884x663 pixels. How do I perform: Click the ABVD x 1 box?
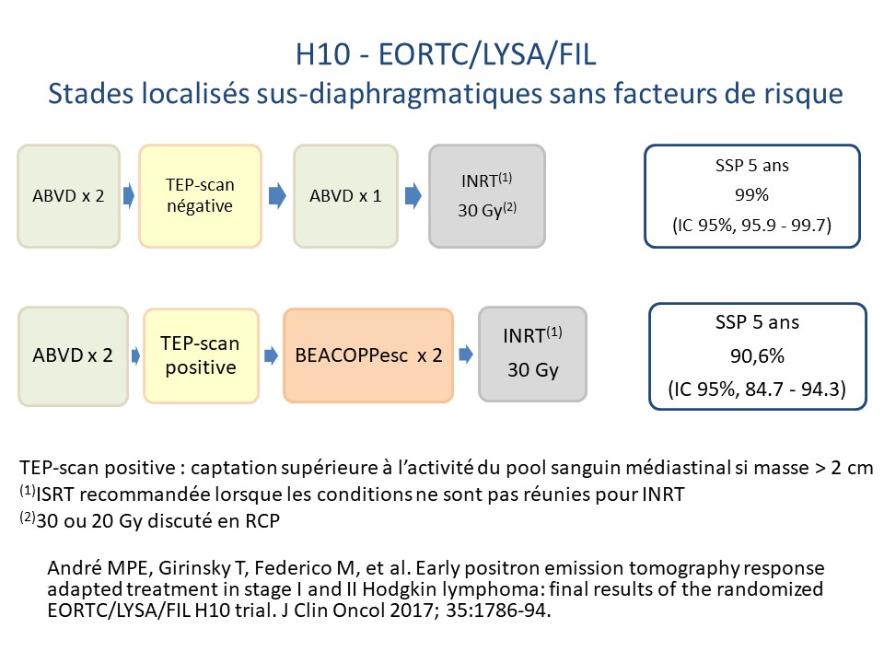[x=345, y=195]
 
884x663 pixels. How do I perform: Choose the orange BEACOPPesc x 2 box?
[x=368, y=355]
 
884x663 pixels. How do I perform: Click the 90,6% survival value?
[x=757, y=355]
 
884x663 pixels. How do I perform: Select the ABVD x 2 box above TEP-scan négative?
[x=68, y=195]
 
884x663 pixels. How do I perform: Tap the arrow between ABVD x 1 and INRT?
[x=413, y=195]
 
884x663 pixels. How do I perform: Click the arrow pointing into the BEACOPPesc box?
[x=272, y=355]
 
